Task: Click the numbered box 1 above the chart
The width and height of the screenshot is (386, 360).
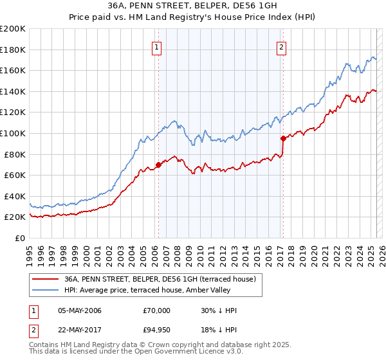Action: click(x=158, y=46)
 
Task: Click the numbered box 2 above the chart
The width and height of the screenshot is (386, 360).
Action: click(x=282, y=46)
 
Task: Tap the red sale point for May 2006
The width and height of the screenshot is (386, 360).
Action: click(x=158, y=165)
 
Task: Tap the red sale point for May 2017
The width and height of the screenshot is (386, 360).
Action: click(x=283, y=138)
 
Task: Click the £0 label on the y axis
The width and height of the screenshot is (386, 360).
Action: click(x=19, y=238)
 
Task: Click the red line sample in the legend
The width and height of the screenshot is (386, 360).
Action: click(x=46, y=279)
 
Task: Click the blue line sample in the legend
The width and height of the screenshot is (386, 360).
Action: click(x=46, y=290)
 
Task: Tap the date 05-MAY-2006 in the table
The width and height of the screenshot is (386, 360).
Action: click(x=80, y=310)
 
